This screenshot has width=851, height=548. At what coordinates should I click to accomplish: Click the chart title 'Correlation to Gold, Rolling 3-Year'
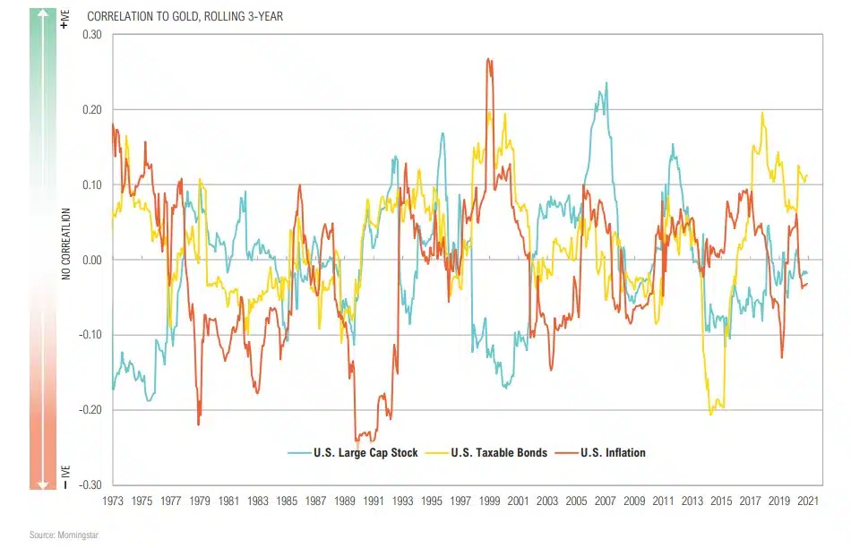(185, 17)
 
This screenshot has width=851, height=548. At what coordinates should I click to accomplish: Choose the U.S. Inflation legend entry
(610, 452)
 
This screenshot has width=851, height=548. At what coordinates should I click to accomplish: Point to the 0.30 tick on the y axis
(92, 34)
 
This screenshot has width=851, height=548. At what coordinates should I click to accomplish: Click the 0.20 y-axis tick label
(92, 109)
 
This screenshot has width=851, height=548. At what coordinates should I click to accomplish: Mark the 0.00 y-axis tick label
(92, 260)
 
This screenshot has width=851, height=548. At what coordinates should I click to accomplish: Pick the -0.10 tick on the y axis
(90, 335)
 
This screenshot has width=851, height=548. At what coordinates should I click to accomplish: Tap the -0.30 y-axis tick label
(90, 485)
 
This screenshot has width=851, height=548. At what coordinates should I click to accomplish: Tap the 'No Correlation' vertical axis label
(65, 244)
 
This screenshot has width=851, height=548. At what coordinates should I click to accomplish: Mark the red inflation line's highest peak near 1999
(488, 60)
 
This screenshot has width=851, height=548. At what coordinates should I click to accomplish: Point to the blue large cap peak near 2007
(606, 83)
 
